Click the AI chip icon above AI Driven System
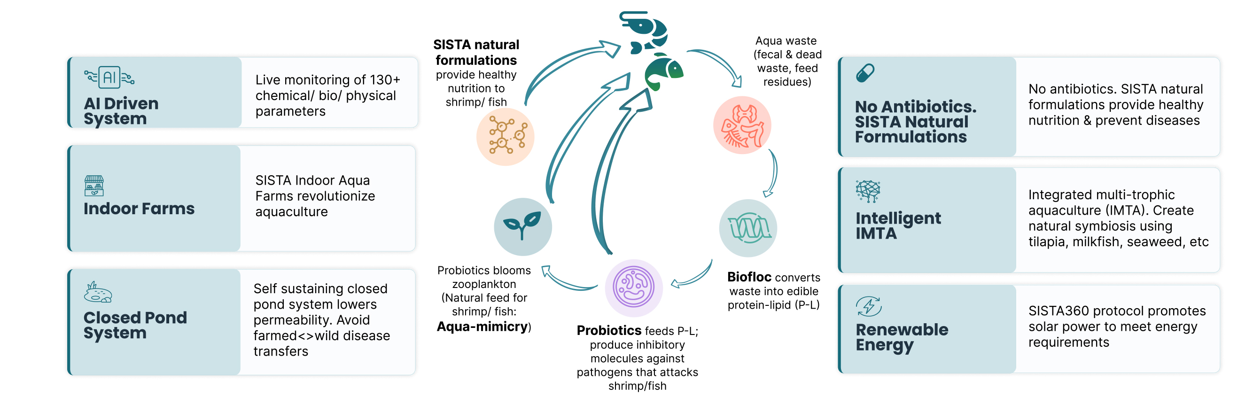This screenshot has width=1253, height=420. click(109, 77)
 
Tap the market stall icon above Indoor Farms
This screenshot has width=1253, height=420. click(94, 186)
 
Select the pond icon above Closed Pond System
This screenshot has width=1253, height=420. click(98, 292)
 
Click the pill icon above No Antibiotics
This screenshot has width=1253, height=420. click(865, 73)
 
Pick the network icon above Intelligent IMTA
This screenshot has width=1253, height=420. click(868, 191)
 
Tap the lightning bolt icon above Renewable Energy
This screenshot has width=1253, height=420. click(869, 306)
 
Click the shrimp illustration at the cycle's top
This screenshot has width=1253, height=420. click(643, 31)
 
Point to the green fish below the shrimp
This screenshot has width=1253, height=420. click(663, 71)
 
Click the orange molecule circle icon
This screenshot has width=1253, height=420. click(506, 137)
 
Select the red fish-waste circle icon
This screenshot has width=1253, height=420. click(742, 125)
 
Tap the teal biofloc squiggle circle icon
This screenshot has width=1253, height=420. click(748, 228)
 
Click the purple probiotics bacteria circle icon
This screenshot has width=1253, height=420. click(633, 288)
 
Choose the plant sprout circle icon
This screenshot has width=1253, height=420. click(523, 226)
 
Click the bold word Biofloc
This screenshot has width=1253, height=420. click(749, 277)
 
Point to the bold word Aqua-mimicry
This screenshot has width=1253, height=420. click(482, 327)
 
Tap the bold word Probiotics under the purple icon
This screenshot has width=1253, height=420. click(609, 330)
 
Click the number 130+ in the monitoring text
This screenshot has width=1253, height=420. click(385, 79)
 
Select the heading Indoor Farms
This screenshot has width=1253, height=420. click(139, 209)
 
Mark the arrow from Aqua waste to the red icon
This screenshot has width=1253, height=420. click(721, 60)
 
